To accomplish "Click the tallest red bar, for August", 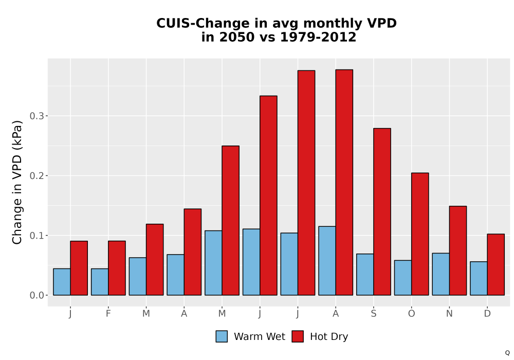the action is coord(344,182).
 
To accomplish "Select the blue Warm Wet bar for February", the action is coord(100,282).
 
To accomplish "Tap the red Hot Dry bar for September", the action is coord(382,212).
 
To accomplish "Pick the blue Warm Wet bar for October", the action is coord(403,278).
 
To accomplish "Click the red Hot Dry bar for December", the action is coord(495,264).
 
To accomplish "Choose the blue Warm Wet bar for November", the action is coord(441,274).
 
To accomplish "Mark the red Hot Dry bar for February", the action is coord(117,268).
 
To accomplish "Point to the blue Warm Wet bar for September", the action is coord(365,275).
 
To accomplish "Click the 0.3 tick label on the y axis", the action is coord(36,116).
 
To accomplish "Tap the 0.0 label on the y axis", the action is coord(36,295).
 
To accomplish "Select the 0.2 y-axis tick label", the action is coord(36,176).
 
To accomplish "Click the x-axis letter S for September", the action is coord(374,314).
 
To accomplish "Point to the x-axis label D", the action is coord(487,314).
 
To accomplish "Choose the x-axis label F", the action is coord(108,314).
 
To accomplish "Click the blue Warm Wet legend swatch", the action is coord(222,336).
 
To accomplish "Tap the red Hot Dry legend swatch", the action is coord(298,336).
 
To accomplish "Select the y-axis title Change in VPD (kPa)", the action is coord(17,182).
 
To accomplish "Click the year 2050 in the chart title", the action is coord(236,37).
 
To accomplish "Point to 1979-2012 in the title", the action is coord(318,37).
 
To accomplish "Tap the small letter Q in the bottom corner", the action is coord(507,353).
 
